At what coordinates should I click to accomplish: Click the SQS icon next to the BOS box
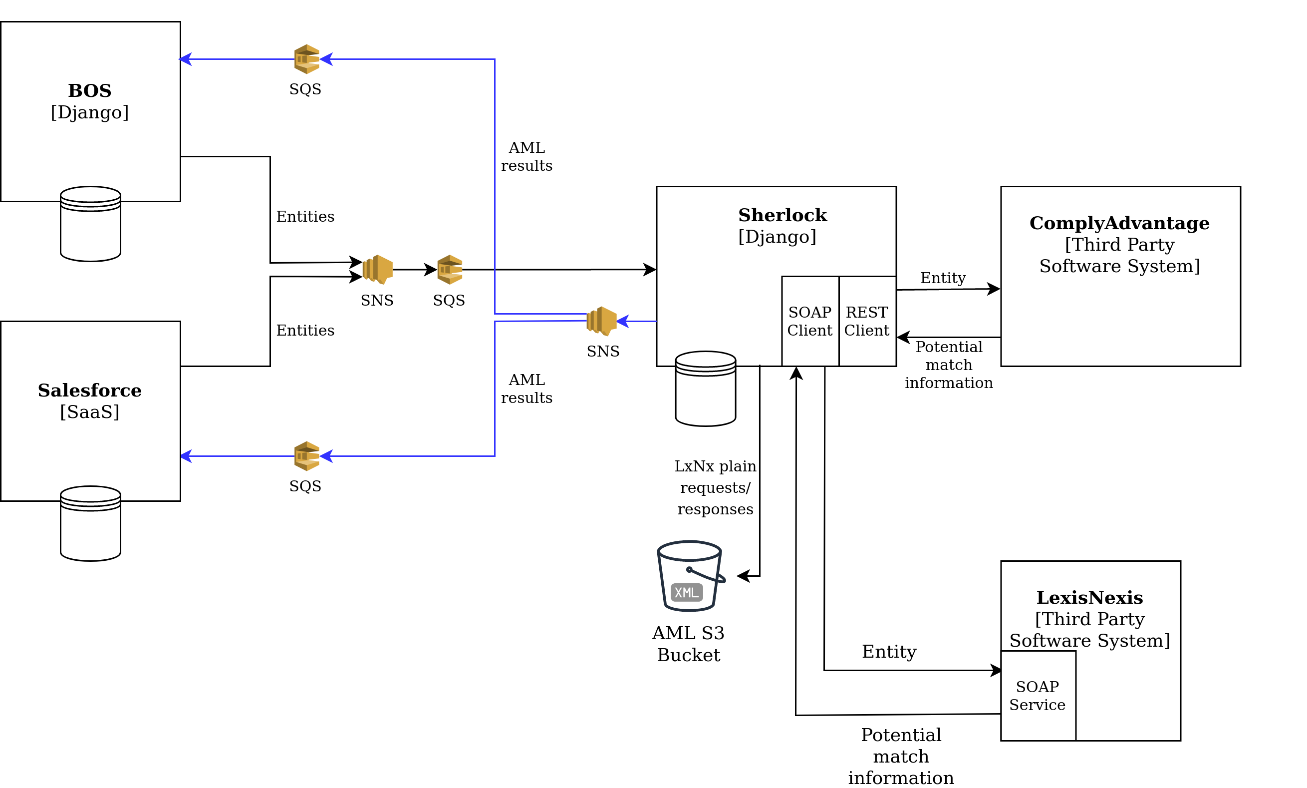(306, 59)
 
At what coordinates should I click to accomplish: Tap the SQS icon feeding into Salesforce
(306, 456)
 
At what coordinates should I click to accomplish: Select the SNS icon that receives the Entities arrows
(378, 270)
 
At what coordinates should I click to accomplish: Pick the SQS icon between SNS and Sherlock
(450, 270)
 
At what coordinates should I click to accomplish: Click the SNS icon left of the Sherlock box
(601, 321)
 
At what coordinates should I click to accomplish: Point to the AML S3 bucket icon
(691, 576)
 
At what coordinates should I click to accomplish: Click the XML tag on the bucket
(686, 592)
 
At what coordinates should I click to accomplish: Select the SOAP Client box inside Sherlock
(810, 321)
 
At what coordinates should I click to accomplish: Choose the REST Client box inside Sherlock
(867, 321)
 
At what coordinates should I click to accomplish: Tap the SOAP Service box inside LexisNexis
(1038, 695)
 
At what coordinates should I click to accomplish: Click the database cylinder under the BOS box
(91, 223)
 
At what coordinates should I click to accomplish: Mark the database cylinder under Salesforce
(91, 523)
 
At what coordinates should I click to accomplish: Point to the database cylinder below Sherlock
(706, 389)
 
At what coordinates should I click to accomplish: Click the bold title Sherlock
(783, 215)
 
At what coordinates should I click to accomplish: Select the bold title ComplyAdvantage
(1119, 223)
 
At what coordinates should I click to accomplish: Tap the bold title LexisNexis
(1089, 598)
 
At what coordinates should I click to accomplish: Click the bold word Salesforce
(90, 390)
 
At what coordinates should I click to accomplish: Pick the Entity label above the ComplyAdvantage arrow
(943, 278)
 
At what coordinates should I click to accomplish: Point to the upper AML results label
(526, 156)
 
